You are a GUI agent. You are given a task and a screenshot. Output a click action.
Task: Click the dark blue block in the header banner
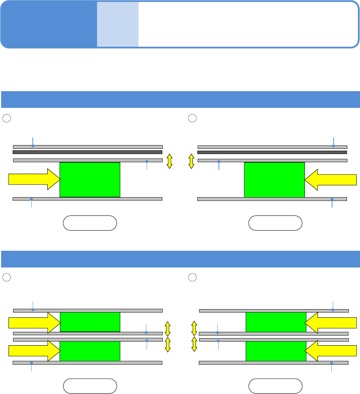pyautogui.click(x=48, y=24)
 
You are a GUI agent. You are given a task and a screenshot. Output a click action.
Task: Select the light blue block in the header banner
pyautogui.click(x=118, y=24)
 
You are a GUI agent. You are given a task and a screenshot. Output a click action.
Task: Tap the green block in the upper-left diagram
pyautogui.click(x=90, y=179)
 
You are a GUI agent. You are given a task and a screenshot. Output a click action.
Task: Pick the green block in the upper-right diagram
pyautogui.click(x=274, y=179)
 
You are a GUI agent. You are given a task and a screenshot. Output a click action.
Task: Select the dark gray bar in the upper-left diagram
pyautogui.click(x=87, y=152)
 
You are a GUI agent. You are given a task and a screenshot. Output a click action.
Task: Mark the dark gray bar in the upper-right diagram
pyautogui.click(x=272, y=152)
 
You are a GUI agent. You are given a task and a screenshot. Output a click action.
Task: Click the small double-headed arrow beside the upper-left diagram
pyautogui.click(x=169, y=161)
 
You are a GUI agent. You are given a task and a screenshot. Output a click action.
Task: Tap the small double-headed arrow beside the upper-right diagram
pyautogui.click(x=191, y=161)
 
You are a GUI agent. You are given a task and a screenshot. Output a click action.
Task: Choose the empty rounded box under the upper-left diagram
pyautogui.click(x=90, y=223)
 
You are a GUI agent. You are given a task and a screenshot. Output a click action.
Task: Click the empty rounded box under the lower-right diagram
pyautogui.click(x=275, y=386)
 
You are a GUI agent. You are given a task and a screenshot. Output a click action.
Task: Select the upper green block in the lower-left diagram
pyautogui.click(x=90, y=322)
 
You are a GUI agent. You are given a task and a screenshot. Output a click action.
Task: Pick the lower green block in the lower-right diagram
pyautogui.click(x=276, y=351)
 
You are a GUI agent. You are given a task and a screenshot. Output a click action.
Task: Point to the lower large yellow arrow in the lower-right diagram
pyautogui.click(x=331, y=351)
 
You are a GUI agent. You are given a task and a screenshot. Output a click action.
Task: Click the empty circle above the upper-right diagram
pyautogui.click(x=192, y=118)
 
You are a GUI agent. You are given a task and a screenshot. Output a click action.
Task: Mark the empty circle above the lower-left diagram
pyautogui.click(x=6, y=278)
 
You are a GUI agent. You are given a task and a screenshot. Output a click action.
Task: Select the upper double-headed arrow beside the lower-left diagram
pyautogui.click(x=168, y=329)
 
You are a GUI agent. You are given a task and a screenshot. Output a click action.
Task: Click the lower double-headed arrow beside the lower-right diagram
pyautogui.click(x=194, y=344)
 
